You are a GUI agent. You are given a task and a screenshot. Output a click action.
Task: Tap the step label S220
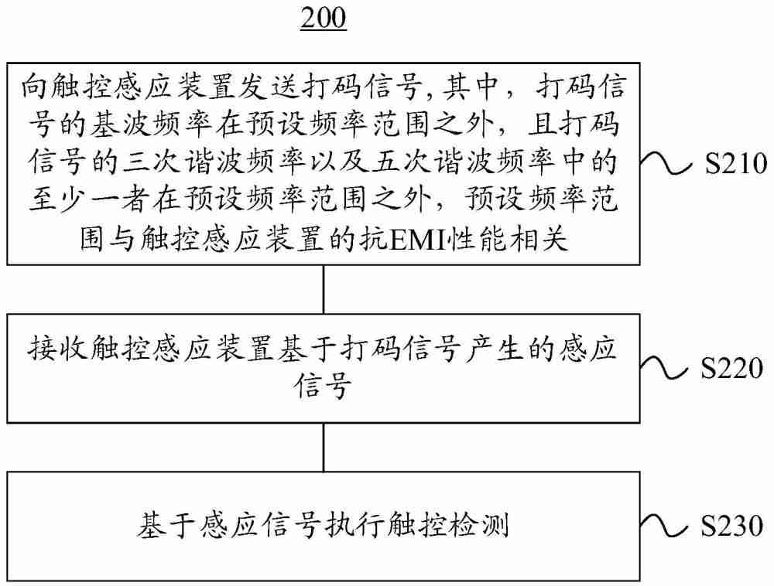[735, 370]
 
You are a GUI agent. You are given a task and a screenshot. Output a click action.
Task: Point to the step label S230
[735, 528]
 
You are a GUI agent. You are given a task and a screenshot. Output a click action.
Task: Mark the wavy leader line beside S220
[668, 370]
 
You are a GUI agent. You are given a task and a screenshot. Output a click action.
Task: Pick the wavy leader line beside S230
[668, 528]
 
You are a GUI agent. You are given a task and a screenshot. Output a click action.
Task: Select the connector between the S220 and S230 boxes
[324, 446]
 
